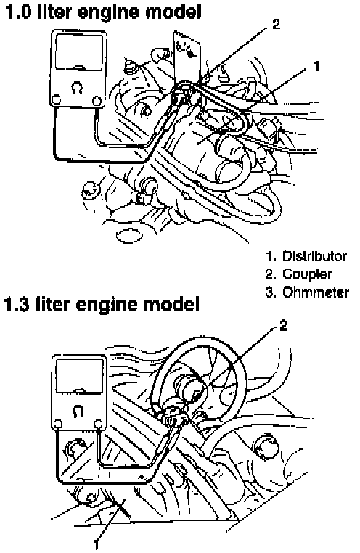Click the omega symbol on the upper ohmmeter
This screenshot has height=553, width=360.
click(x=77, y=88)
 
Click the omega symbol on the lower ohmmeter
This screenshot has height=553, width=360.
click(x=78, y=411)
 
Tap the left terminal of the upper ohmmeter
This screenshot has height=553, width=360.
click(x=55, y=100)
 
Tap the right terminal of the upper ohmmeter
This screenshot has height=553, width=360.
click(x=97, y=101)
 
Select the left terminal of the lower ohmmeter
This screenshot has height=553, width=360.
click(x=57, y=424)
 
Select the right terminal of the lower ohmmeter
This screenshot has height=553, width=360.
click(x=99, y=423)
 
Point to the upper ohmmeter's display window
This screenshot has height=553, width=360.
click(x=78, y=52)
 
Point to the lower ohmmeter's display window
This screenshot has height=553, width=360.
click(x=79, y=375)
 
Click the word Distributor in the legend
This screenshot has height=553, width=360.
click(x=314, y=256)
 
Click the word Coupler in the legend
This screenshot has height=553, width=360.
click(x=307, y=274)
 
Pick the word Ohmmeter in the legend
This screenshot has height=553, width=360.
click(x=316, y=292)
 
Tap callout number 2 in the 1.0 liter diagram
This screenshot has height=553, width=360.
click(x=276, y=24)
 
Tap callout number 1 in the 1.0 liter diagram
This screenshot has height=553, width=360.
click(x=316, y=66)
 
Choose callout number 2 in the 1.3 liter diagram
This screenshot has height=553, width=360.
click(x=283, y=326)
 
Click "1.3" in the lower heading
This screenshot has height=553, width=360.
click(x=17, y=303)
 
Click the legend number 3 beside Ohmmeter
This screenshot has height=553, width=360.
click(x=270, y=292)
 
